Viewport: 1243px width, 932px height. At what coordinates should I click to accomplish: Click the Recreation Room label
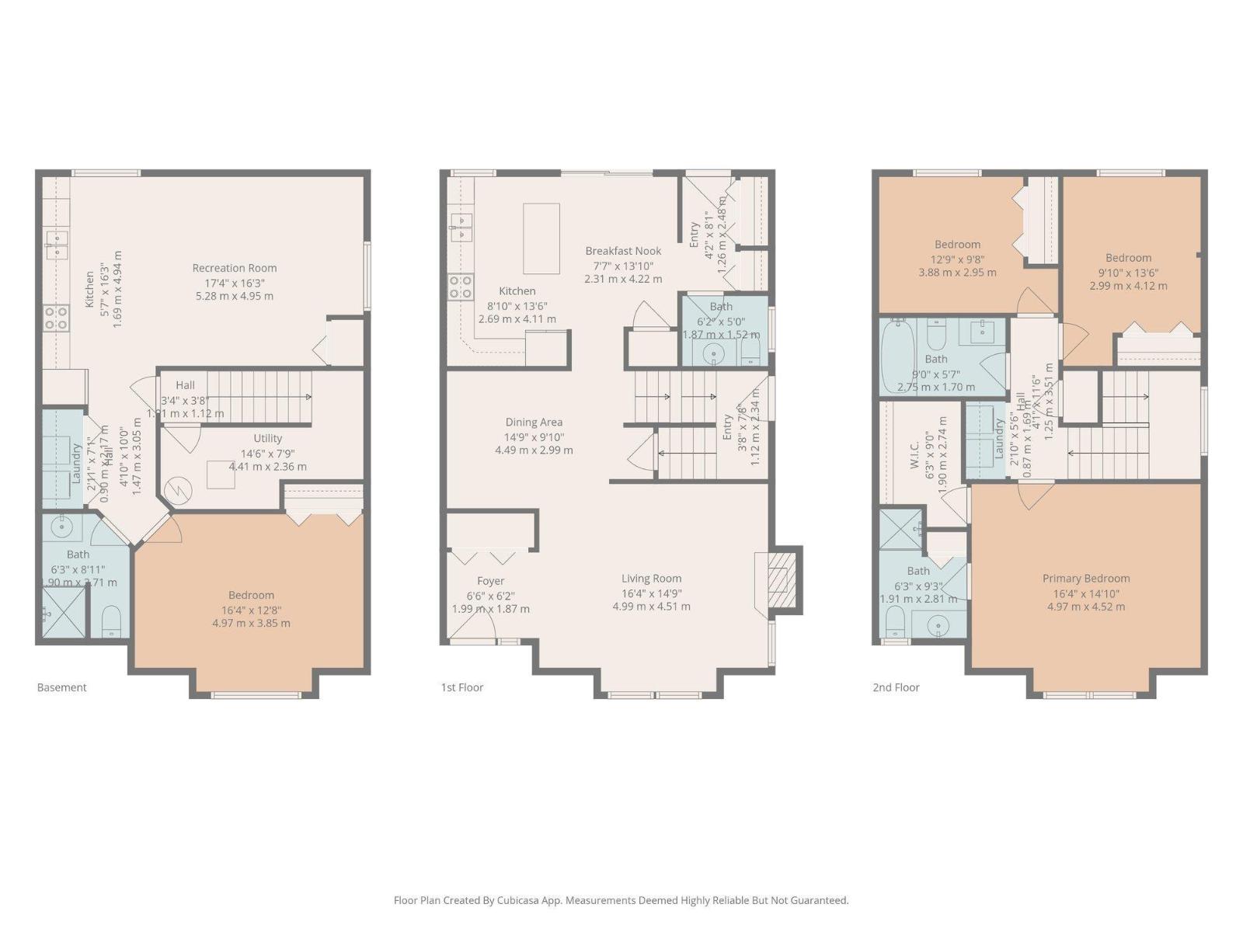coord(235,268)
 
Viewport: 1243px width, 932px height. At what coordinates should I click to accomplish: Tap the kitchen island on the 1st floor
coord(541,238)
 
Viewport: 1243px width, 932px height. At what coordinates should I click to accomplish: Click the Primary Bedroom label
coord(1085,579)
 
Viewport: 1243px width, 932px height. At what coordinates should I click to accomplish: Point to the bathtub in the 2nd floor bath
coord(898,356)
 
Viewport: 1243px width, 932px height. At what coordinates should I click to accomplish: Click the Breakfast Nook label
coord(623,251)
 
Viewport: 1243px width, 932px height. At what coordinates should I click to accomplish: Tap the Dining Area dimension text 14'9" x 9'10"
coord(534,436)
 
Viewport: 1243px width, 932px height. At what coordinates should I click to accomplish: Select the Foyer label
coord(490,581)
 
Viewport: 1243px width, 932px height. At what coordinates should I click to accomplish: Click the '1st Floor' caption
coord(462,687)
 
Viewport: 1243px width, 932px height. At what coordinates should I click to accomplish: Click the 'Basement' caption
coord(62,687)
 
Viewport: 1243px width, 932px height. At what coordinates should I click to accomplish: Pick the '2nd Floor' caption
coord(896,687)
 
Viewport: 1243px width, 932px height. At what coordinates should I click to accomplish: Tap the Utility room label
coord(267,439)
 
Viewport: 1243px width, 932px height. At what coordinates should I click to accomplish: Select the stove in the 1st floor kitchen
coord(461,287)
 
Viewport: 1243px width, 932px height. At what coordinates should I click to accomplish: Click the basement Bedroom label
coord(251,596)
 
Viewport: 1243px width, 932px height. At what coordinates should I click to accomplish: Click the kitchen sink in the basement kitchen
coord(57,244)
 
